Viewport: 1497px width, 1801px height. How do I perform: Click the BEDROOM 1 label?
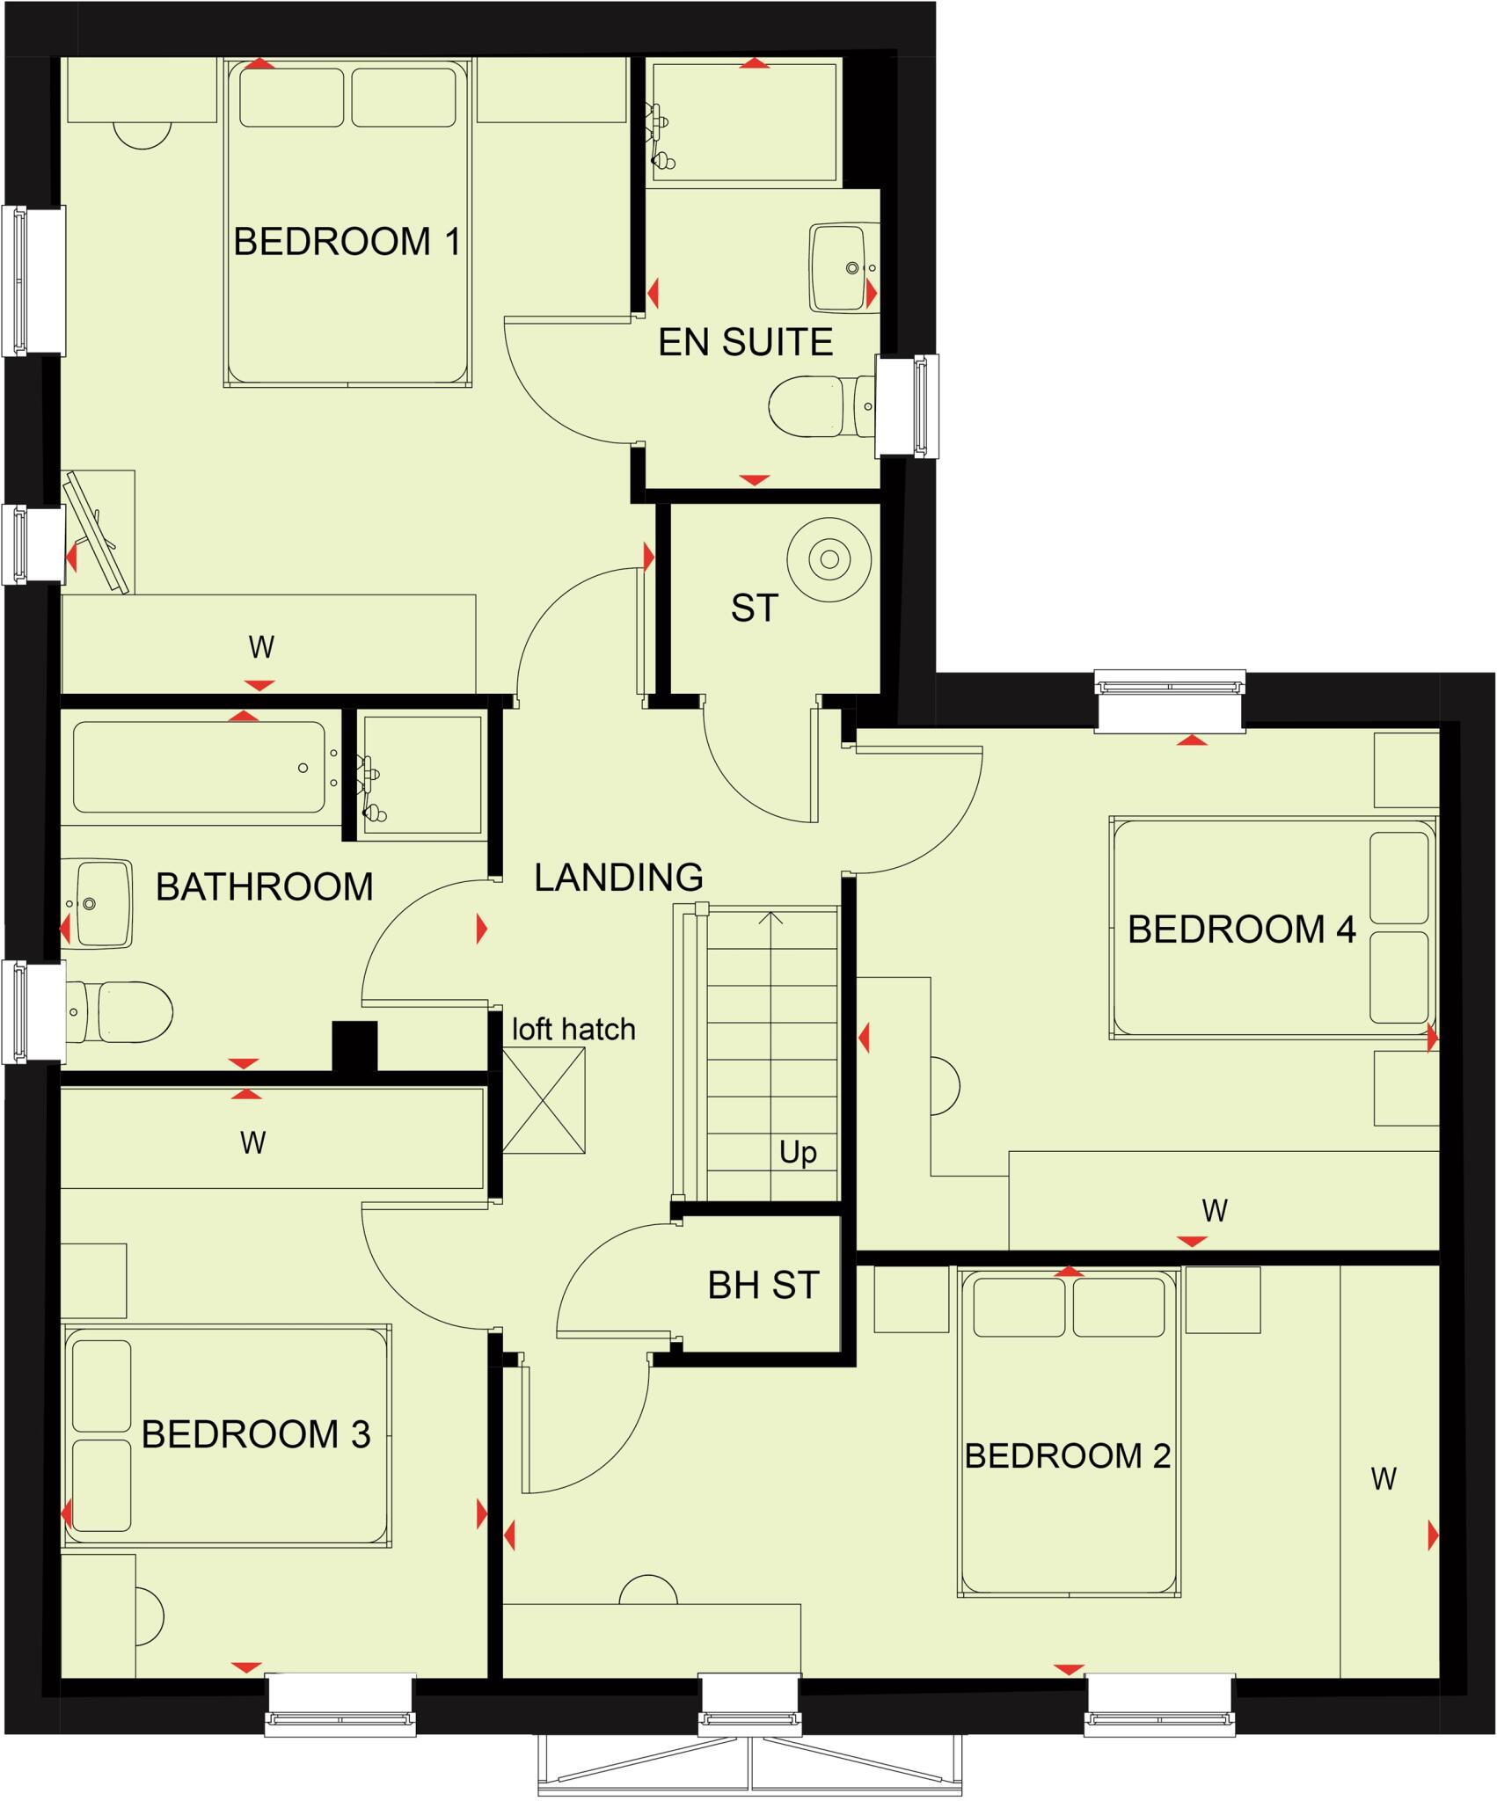[x=347, y=242]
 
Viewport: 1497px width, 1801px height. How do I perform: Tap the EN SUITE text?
[x=745, y=343]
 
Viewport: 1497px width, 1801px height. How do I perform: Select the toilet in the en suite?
[x=818, y=406]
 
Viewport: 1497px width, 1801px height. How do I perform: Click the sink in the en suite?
[x=842, y=266]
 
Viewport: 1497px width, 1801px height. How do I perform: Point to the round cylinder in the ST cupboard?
[x=829, y=559]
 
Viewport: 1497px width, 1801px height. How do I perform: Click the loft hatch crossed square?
[x=544, y=1100]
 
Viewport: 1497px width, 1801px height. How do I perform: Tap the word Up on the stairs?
[x=798, y=1152]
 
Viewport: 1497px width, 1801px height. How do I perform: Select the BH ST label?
[x=763, y=1286]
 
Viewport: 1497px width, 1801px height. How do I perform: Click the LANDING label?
[x=618, y=878]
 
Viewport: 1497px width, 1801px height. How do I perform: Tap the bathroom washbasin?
[x=101, y=904]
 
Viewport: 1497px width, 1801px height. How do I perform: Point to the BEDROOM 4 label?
[x=1241, y=930]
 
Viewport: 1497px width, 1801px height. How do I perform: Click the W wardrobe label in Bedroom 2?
[x=1384, y=1479]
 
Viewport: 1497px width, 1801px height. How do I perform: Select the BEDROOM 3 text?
[x=255, y=1434]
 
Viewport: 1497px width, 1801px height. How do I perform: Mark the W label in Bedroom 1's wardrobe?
[x=261, y=647]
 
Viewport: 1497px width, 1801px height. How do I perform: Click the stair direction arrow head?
[x=771, y=917]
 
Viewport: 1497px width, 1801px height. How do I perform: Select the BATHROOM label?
[x=264, y=886]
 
